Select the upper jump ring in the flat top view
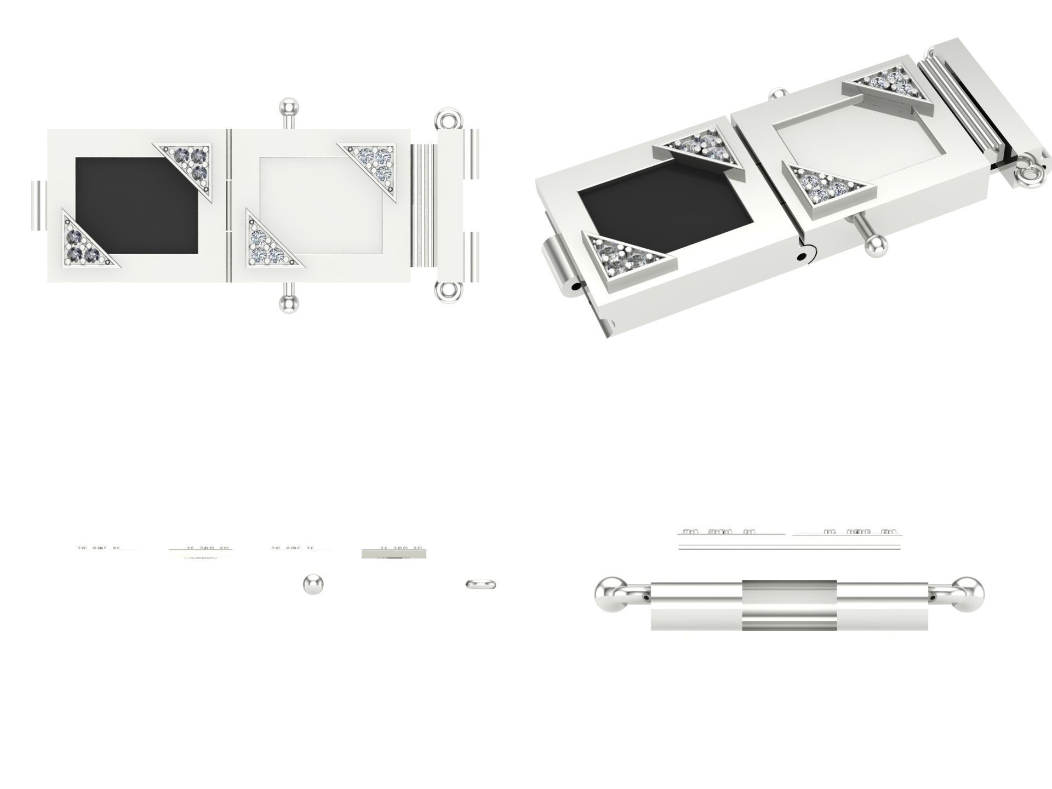(x=448, y=119)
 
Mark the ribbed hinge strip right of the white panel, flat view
(x=422, y=205)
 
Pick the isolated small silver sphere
(x=313, y=584)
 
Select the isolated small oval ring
(x=481, y=585)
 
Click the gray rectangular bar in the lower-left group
(x=393, y=554)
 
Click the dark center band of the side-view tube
(x=789, y=604)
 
